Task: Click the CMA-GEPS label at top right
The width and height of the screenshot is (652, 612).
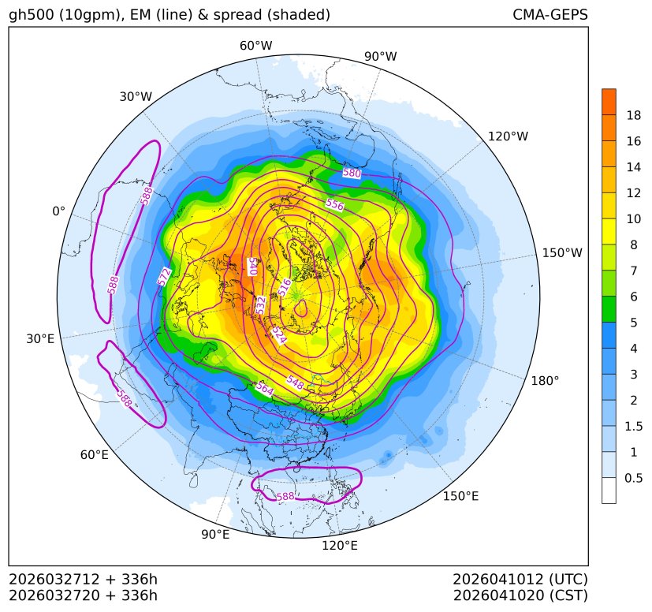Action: [x=550, y=15]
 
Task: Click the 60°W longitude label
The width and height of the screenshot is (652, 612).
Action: [x=255, y=46]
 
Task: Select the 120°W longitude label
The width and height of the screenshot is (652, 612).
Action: [x=508, y=136]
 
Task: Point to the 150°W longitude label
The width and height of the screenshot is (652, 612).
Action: [x=562, y=253]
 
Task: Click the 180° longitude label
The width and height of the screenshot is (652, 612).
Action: [x=544, y=381]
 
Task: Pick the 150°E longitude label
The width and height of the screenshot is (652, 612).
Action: [x=460, y=496]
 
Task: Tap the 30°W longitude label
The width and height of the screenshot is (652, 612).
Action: [x=136, y=96]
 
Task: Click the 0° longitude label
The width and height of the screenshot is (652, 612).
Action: [x=58, y=211]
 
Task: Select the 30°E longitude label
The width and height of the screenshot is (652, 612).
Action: [x=40, y=339]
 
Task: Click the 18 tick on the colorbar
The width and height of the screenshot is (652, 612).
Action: [x=633, y=116]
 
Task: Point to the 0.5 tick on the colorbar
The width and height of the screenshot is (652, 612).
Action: [x=633, y=478]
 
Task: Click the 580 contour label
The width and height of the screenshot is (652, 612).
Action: [x=352, y=173]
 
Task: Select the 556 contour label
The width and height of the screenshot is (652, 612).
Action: [x=334, y=205]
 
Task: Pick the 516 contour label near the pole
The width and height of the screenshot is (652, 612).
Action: [x=285, y=287]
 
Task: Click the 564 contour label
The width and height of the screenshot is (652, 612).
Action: [x=265, y=389]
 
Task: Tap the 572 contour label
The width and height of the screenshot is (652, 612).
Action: [x=164, y=276]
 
